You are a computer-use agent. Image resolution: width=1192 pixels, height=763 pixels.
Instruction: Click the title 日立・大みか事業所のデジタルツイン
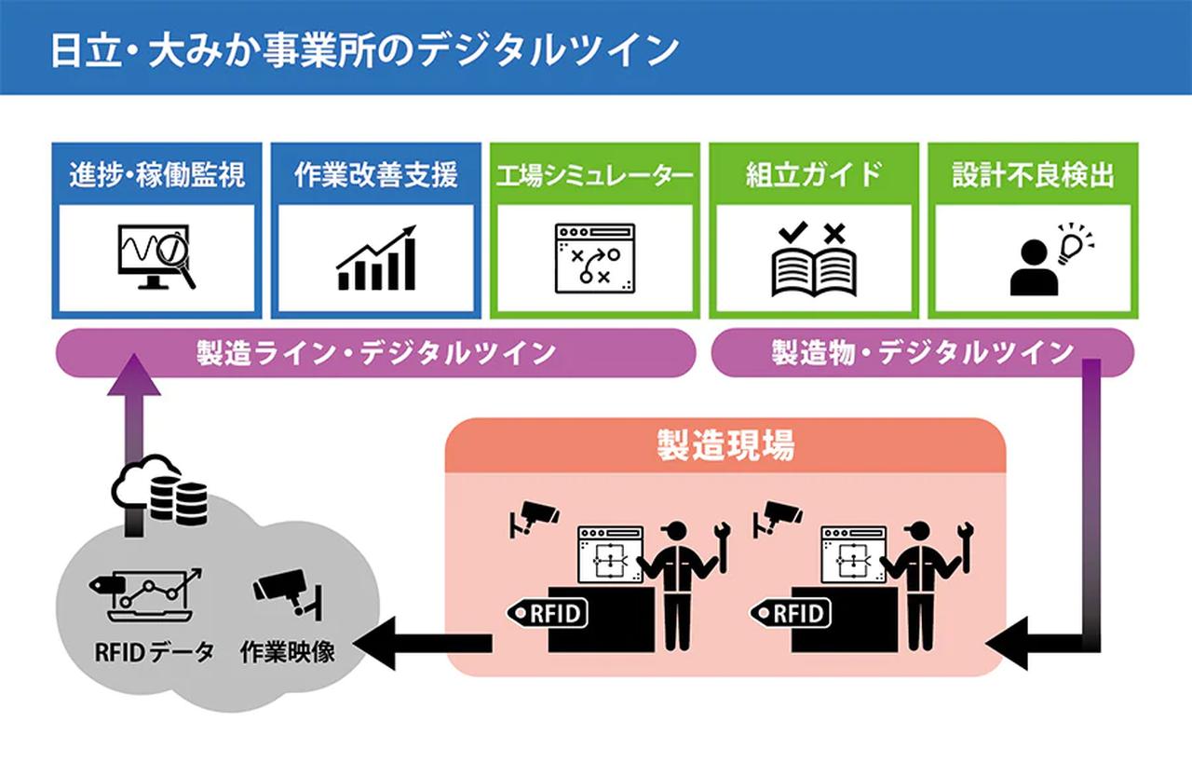tap(363, 48)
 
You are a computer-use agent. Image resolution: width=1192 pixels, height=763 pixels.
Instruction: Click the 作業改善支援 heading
tap(375, 174)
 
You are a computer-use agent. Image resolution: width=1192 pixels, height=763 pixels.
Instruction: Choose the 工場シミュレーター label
tap(595, 174)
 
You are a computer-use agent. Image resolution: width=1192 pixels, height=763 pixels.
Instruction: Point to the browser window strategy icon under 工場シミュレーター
tap(594, 259)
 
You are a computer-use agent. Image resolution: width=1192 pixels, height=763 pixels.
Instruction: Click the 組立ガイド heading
tap(813, 174)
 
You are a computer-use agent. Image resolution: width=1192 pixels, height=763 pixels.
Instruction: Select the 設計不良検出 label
tap(1033, 174)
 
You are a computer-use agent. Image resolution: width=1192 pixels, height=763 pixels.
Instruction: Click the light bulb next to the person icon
tap(1073, 244)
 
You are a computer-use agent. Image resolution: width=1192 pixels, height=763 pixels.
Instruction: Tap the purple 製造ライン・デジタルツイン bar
tap(376, 353)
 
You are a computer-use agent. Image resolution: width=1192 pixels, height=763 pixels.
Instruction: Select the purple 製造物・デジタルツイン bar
tap(922, 353)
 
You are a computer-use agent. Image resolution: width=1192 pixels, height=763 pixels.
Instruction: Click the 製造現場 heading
tap(725, 445)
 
